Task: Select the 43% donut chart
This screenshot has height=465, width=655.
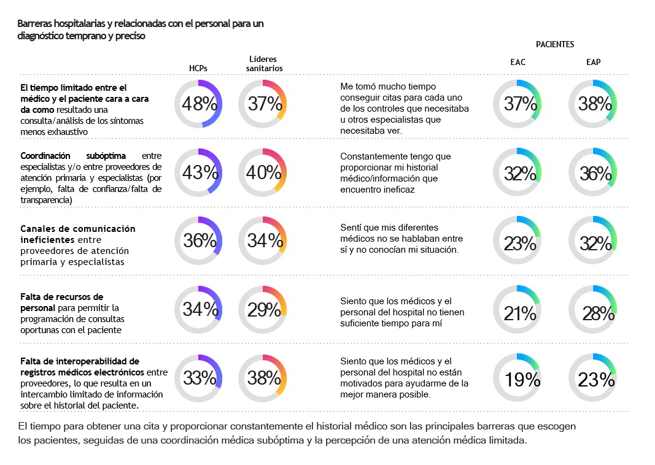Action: pos(198,173)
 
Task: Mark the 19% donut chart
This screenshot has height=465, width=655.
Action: pos(519,380)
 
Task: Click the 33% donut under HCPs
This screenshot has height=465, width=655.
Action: pos(198,378)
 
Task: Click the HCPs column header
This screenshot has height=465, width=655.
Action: pos(198,69)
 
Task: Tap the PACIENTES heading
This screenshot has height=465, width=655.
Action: pos(554,45)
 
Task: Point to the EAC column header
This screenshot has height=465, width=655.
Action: pos(517,62)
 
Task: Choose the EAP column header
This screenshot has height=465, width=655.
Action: pos(593,62)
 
